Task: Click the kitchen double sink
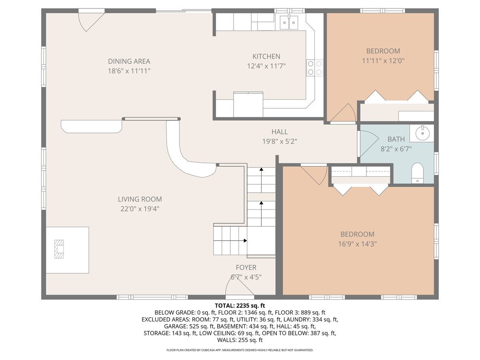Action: [289, 22]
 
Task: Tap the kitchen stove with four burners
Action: [314, 68]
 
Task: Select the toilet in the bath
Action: [417, 173]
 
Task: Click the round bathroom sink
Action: [422, 133]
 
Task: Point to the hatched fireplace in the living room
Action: [59, 249]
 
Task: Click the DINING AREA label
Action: [129, 62]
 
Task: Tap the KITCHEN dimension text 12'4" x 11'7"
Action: [266, 66]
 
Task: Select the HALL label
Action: [280, 132]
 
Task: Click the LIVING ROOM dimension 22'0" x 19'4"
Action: [140, 209]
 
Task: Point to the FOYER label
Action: [246, 268]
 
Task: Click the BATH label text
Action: [396, 139]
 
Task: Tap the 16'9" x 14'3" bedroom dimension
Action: [357, 244]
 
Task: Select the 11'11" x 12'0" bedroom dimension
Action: [383, 61]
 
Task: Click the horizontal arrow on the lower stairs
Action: [230, 241]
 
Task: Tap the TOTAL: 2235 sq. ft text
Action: [240, 306]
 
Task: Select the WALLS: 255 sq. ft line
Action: [240, 340]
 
